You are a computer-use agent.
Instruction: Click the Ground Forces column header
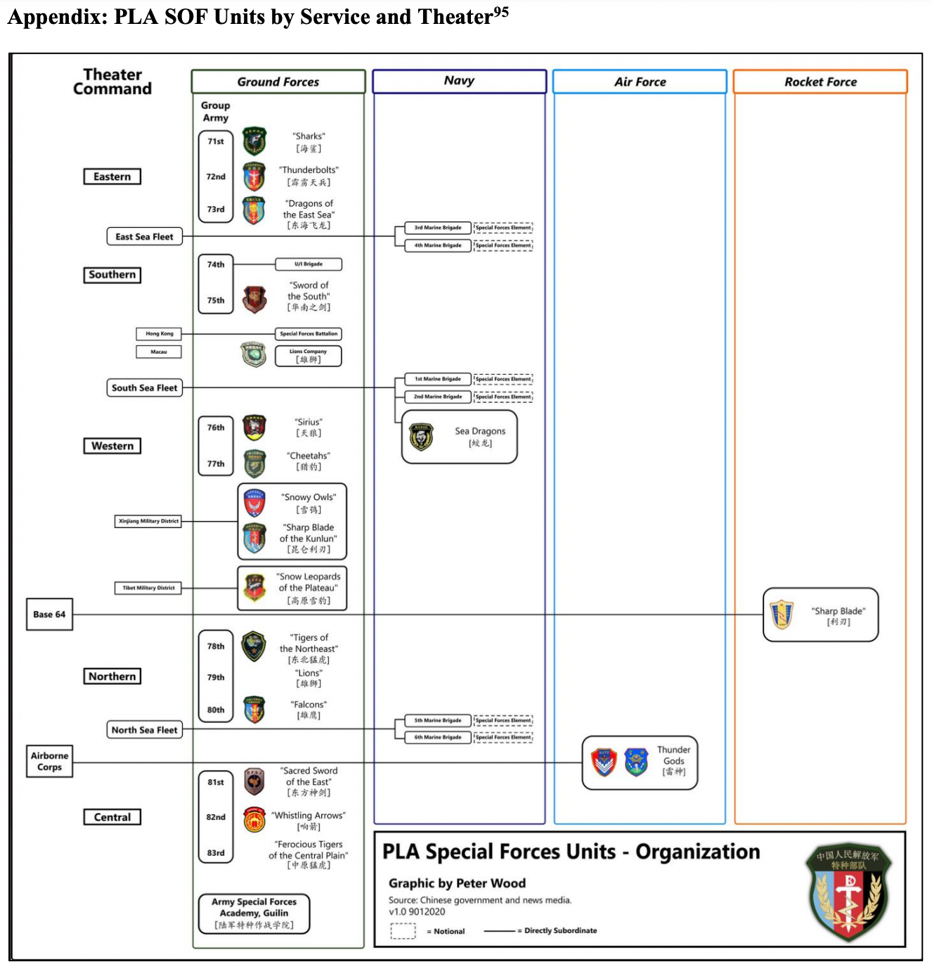tap(278, 82)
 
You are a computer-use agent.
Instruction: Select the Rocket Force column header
tap(820, 82)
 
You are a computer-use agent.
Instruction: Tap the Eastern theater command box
tap(112, 177)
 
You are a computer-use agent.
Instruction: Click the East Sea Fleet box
tap(144, 237)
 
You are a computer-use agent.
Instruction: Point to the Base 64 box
tap(49, 615)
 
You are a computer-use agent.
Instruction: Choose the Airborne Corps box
tap(49, 762)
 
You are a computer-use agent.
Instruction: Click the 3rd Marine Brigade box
tap(438, 228)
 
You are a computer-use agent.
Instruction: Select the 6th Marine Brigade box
tap(438, 738)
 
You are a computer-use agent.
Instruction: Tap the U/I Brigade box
tap(309, 264)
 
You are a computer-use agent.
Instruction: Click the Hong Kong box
tap(159, 334)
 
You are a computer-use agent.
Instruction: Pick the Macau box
tap(159, 352)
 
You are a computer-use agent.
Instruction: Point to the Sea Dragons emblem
tap(422, 437)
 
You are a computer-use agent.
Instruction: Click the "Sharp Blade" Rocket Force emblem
tap(782, 615)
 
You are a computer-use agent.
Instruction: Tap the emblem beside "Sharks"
tap(254, 141)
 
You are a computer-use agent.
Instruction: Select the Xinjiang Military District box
tap(148, 521)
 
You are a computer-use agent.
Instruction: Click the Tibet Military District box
tap(148, 588)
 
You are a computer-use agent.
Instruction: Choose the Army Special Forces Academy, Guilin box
tap(254, 913)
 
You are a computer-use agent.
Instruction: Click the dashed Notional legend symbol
tap(403, 930)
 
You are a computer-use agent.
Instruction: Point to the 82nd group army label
tap(216, 817)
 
